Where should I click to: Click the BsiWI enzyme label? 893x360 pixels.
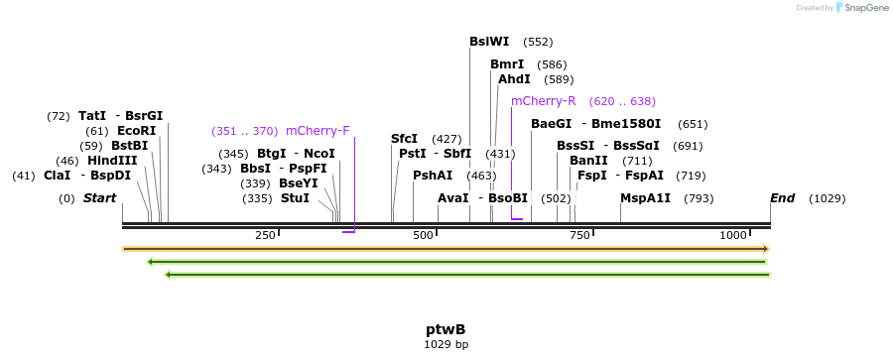[489, 42]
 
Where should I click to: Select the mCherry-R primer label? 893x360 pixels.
[543, 101]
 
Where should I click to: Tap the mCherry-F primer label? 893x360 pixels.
[318, 131]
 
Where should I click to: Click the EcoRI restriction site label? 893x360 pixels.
[136, 131]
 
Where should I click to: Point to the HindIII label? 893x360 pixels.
[112, 161]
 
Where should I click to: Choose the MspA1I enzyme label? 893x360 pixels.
[645, 198]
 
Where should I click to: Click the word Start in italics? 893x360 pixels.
[99, 198]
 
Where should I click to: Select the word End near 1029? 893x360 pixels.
[782, 198]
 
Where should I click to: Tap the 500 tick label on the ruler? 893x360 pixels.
[424, 235]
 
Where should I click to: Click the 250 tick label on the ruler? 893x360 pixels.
[265, 235]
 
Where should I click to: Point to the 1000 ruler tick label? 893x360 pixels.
[733, 235]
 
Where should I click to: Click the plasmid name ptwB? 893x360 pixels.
[446, 329]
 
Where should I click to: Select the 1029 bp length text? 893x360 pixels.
[446, 345]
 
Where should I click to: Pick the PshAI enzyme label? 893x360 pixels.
[433, 176]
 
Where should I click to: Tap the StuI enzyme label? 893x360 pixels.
[295, 198]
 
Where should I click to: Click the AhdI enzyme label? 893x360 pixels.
[514, 79]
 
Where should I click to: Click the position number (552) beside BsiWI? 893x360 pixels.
[538, 42]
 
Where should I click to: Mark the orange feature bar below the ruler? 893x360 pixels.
[446, 249]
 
